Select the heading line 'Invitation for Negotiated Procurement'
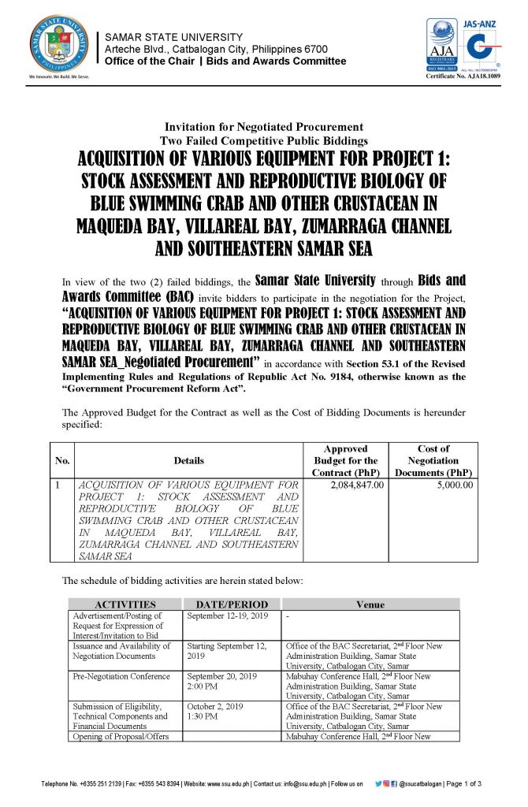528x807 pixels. (x=263, y=127)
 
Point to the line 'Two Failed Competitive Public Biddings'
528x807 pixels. (x=263, y=140)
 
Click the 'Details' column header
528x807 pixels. (x=189, y=460)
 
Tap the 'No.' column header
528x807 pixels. (x=62, y=460)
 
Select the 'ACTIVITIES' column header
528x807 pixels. (x=125, y=604)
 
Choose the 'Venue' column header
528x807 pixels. (x=370, y=604)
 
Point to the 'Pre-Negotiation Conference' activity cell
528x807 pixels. (x=121, y=676)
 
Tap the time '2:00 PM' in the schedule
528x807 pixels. (x=203, y=686)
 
